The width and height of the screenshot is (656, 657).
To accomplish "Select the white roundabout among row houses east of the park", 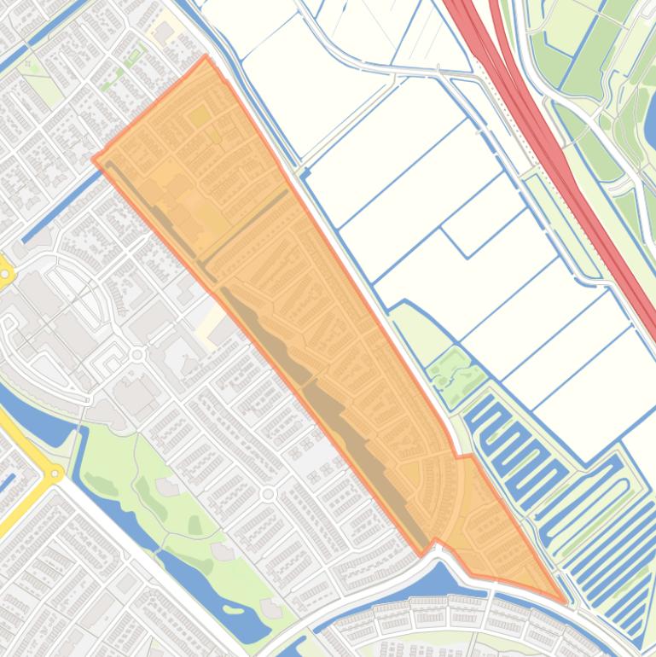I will tap(269, 494).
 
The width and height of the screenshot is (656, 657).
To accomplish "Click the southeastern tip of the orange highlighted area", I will tap(564, 600).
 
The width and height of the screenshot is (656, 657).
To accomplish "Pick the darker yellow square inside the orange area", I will tap(200, 116).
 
